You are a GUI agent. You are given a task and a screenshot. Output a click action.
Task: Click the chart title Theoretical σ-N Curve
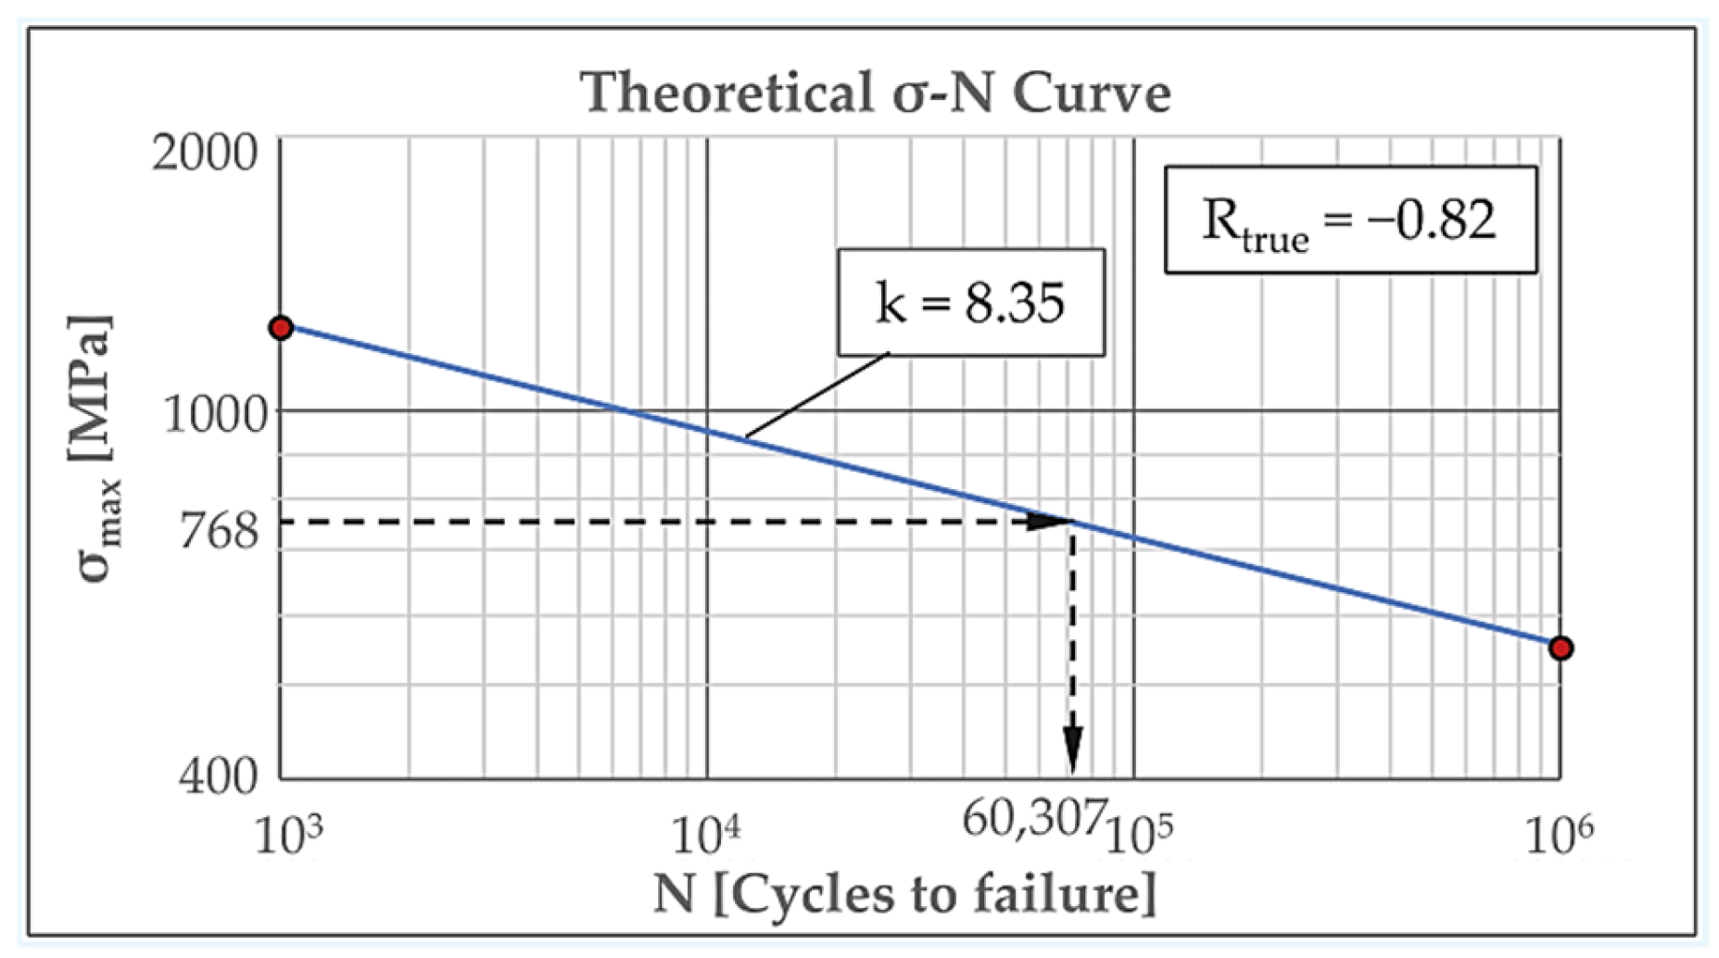coord(875,93)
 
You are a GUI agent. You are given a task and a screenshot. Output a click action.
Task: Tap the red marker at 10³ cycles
coord(281,327)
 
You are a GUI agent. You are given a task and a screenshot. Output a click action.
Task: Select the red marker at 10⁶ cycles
coord(1561,648)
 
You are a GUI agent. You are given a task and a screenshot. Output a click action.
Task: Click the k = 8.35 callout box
coord(970,302)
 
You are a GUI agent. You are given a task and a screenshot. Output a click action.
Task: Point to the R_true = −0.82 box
coord(1349,221)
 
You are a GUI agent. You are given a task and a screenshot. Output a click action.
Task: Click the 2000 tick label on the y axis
coord(205,152)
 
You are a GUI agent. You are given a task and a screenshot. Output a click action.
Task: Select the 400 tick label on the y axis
coord(219,775)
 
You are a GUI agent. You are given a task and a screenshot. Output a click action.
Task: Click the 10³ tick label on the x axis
coord(288,834)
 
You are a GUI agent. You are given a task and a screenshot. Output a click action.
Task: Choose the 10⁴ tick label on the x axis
coord(705,834)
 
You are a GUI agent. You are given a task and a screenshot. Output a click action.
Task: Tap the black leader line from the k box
coord(815,395)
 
